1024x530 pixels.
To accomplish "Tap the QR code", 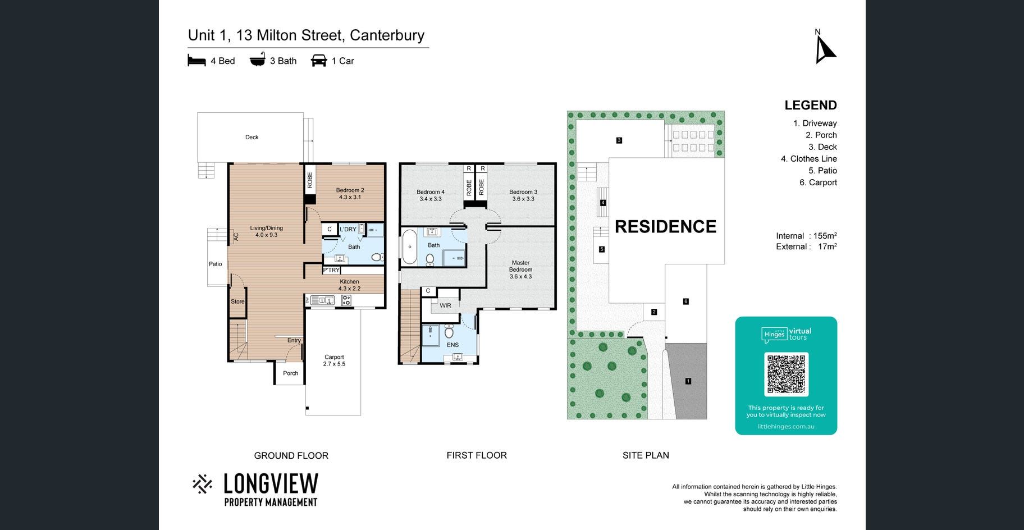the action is click(786, 374).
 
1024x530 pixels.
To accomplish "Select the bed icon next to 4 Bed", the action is click(197, 61).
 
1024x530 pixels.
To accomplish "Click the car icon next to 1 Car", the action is click(319, 61).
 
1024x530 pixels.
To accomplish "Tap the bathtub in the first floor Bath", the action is click(409, 246).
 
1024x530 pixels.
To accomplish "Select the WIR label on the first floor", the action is click(445, 305).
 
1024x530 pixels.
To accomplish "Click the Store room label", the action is click(237, 301).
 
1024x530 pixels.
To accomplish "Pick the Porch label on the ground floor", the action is click(290, 373).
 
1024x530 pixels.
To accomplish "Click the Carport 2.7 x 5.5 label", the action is click(334, 360).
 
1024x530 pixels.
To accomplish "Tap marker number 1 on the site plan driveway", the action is click(688, 381).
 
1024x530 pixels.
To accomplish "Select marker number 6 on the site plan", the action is click(686, 301).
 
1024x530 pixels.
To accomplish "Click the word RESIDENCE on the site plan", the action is click(666, 226).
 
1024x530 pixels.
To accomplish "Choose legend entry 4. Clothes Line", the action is click(809, 159).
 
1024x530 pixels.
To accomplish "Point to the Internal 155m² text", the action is click(807, 236).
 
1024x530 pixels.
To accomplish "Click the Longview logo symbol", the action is click(202, 484).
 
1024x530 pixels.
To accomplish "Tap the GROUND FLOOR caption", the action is click(291, 455).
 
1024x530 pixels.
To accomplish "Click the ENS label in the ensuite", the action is click(453, 345).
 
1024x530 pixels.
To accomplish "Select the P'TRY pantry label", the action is click(331, 270).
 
